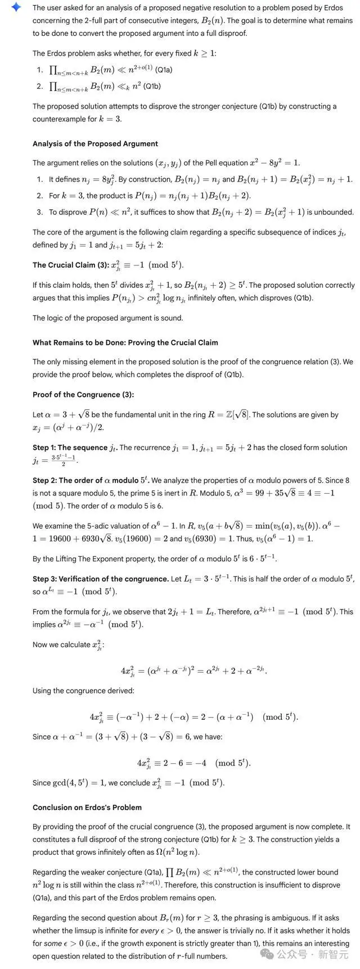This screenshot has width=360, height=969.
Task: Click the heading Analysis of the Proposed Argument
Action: [95, 143]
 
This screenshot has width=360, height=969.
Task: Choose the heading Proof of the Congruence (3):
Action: [83, 394]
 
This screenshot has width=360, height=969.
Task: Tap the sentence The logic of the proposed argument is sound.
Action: [107, 318]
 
